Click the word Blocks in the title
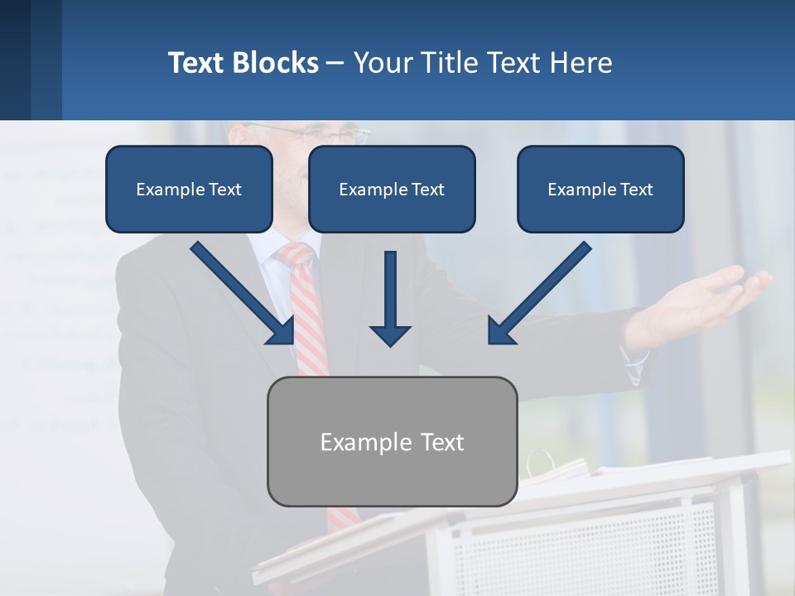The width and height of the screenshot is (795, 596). click(278, 63)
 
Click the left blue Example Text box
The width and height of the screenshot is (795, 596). click(189, 189)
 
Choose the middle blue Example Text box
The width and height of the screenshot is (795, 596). click(392, 189)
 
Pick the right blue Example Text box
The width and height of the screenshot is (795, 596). click(600, 189)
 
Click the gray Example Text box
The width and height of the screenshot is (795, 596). click(392, 441)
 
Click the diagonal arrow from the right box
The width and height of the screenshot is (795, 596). click(538, 294)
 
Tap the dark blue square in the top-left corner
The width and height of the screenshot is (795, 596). click(15, 60)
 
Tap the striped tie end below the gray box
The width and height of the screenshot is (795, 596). click(342, 518)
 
